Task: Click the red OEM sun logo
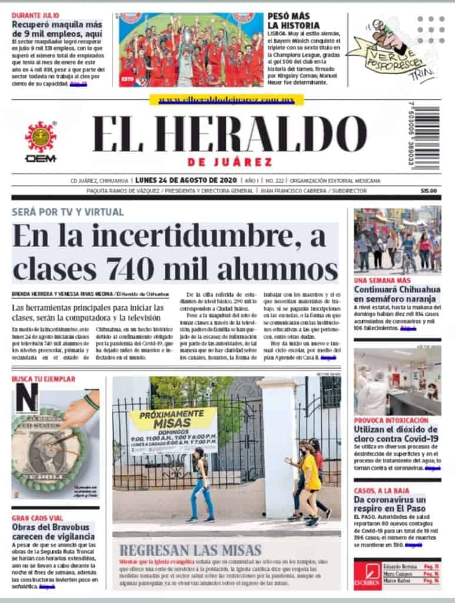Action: click(41, 137)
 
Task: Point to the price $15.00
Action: click(429, 191)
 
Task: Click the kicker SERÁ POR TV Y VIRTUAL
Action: click(68, 212)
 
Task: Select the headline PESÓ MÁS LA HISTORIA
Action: click(294, 21)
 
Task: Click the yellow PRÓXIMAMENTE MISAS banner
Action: click(172, 430)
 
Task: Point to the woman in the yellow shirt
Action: click(310, 480)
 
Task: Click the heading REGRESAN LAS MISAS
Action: click(190, 551)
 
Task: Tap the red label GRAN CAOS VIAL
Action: click(36, 518)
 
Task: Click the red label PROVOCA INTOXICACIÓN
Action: click(391, 420)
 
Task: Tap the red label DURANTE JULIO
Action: click(35, 14)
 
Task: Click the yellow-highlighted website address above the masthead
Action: click(227, 100)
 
